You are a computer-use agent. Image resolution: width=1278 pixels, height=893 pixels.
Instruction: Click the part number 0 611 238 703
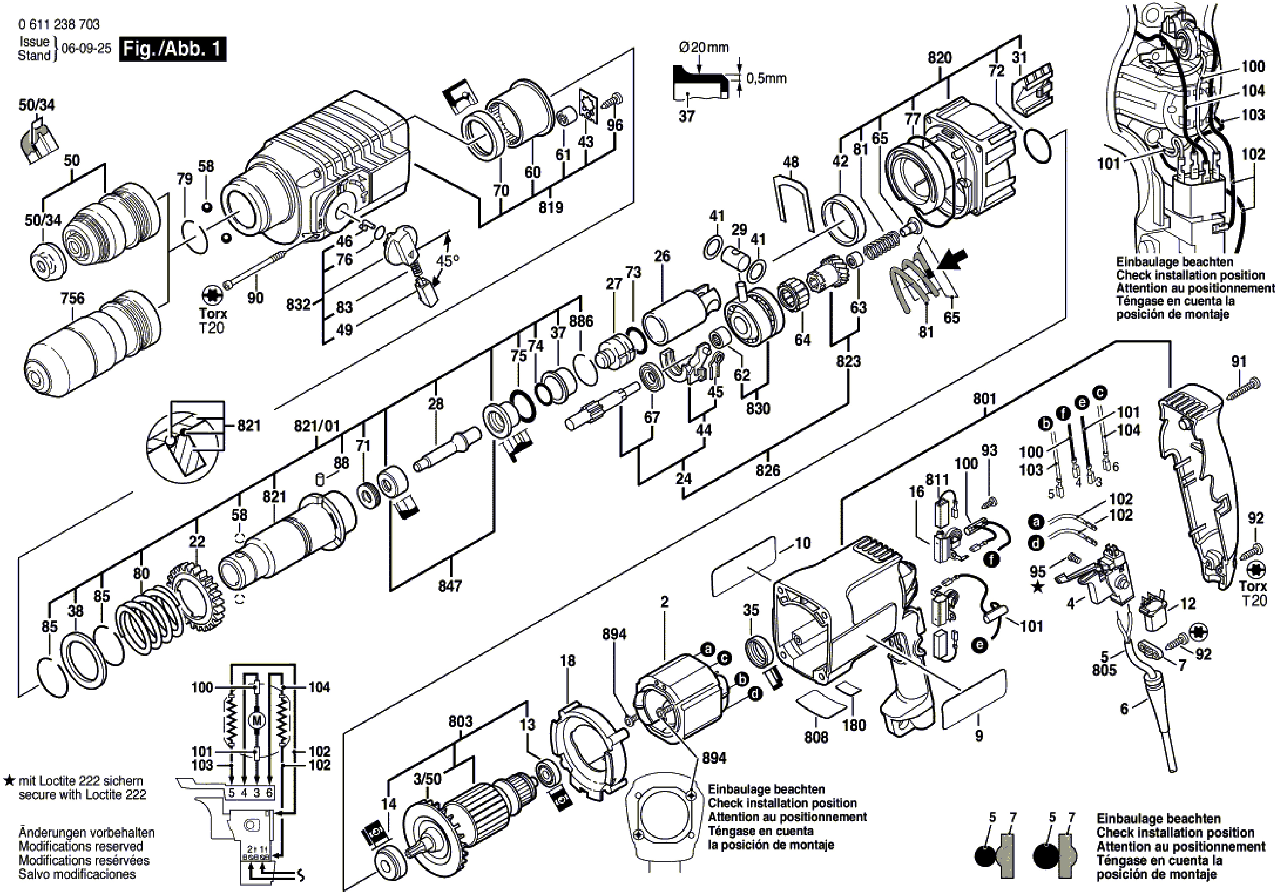59,25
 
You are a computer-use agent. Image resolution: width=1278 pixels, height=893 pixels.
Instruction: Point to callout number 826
768,470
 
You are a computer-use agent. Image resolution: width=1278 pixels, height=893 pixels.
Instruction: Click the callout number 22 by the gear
197,541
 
